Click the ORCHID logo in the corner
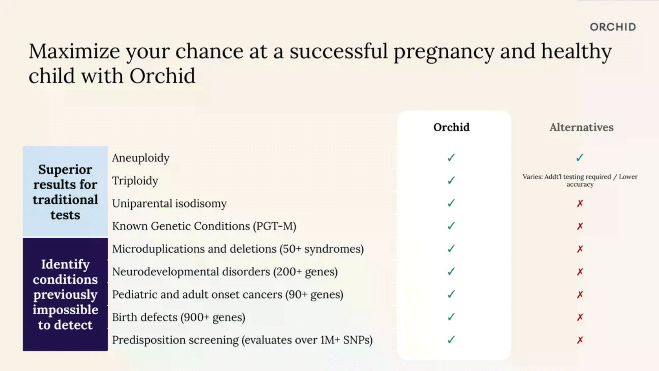click(613, 27)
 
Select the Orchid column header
click(451, 127)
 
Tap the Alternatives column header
click(581, 127)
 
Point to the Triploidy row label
click(135, 181)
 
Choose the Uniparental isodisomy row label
click(169, 203)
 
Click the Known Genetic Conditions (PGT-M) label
click(204, 226)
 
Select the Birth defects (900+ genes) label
click(179, 317)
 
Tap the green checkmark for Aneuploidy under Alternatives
click(580, 158)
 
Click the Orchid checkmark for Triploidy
click(451, 180)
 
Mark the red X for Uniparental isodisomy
click(580, 203)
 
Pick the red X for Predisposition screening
click(580, 340)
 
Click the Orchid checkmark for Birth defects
click(451, 317)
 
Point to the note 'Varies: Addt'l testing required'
click(567, 177)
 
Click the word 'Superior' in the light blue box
click(65, 170)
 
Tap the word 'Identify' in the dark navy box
click(65, 265)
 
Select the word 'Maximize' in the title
click(74, 51)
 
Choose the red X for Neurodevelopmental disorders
click(580, 272)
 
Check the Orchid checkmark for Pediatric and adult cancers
click(451, 294)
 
